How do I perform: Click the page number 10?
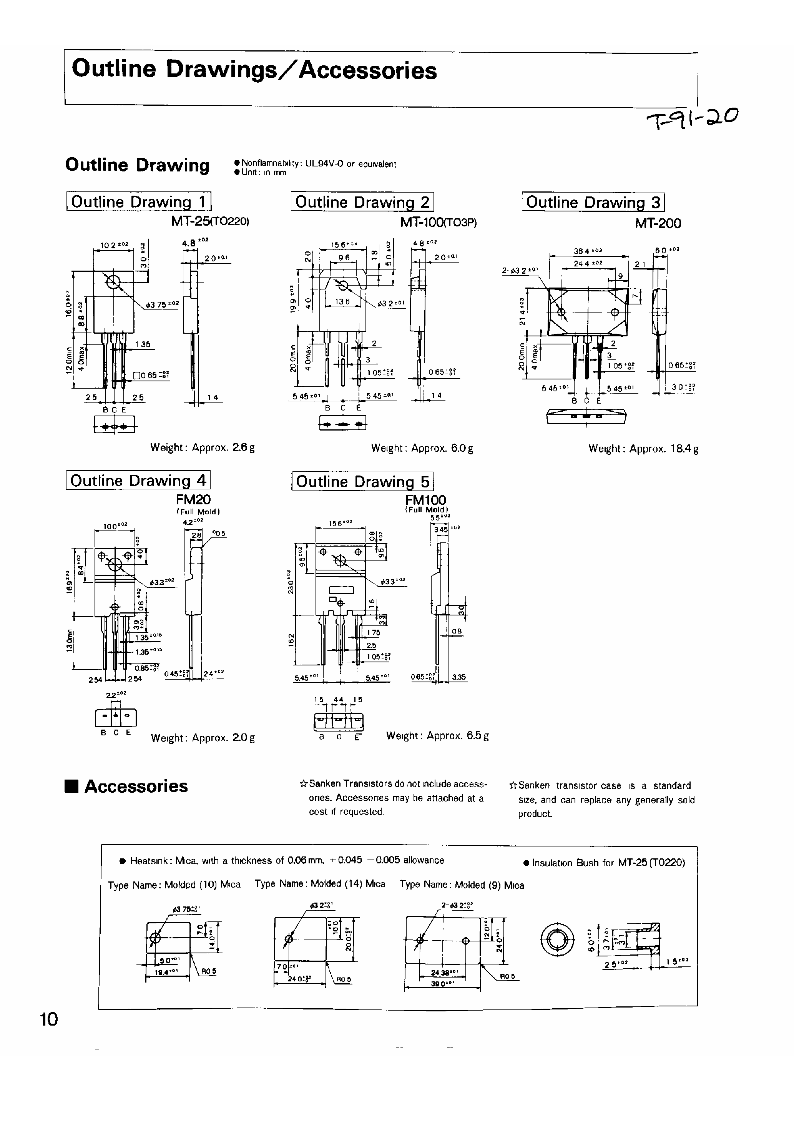click(x=49, y=1019)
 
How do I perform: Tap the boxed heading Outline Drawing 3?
click(x=593, y=202)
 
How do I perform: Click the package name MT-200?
click(x=658, y=223)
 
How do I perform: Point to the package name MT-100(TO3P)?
click(x=438, y=222)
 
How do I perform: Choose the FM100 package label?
click(x=425, y=500)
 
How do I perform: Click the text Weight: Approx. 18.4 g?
click(x=643, y=449)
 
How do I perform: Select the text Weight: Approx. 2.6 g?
click(x=202, y=447)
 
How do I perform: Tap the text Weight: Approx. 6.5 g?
click(x=437, y=736)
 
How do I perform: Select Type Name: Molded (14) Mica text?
click(x=320, y=884)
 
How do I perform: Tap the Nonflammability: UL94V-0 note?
click(x=319, y=164)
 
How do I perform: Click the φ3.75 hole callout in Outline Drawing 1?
click(x=163, y=304)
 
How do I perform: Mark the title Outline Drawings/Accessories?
click(x=254, y=70)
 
